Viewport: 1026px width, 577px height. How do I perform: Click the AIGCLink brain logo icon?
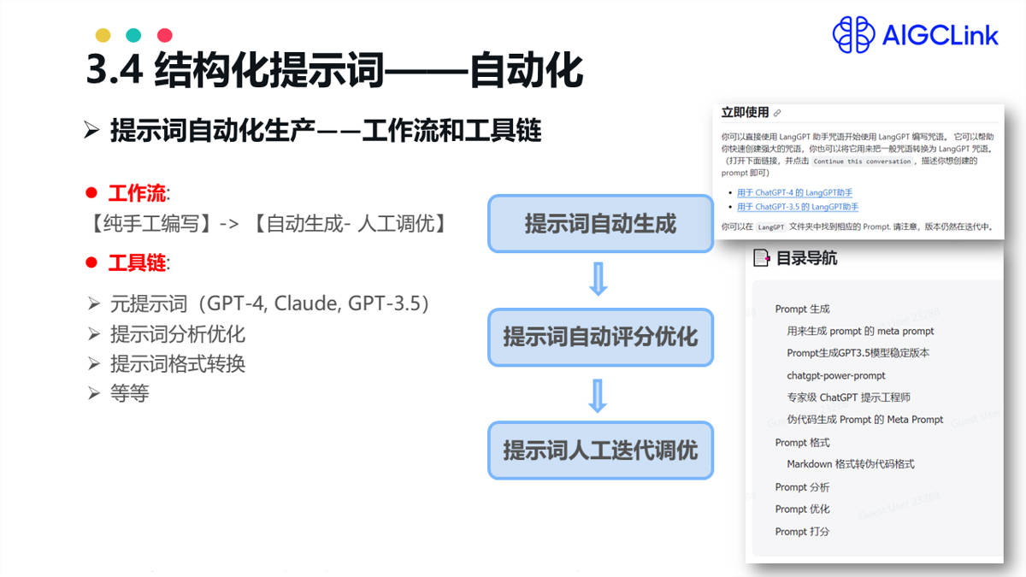[854, 34]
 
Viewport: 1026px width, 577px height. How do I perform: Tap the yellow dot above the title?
[103, 35]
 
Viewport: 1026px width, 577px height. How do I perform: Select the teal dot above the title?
[133, 35]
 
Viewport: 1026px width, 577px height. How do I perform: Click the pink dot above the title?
[165, 35]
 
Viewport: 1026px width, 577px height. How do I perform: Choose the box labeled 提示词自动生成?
[600, 224]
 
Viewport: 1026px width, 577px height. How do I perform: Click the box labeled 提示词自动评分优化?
[600, 337]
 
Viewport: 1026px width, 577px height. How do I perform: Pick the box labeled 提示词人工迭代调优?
[600, 450]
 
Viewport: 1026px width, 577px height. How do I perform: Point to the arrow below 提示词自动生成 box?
[598, 280]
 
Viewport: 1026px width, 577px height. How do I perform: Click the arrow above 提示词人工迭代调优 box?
[598, 394]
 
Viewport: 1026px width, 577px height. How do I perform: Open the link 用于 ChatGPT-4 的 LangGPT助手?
[794, 192]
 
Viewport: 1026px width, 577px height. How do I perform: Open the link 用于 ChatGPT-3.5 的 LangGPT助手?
[798, 207]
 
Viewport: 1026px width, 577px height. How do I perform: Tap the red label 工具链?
[137, 262]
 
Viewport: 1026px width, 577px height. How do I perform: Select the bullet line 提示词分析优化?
[178, 334]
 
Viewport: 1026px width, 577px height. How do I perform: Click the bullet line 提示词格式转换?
[178, 364]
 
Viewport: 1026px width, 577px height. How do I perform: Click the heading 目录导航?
[806, 258]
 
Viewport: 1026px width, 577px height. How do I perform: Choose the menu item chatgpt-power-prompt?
[836, 375]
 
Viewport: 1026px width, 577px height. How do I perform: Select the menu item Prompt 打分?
[802, 531]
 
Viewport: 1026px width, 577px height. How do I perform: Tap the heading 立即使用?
[745, 112]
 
